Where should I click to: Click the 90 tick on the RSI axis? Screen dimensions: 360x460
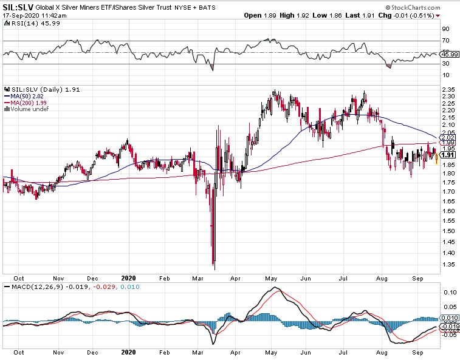coord(445,29)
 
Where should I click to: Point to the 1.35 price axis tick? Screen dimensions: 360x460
coord(448,265)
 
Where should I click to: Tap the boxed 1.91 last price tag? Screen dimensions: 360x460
coord(448,155)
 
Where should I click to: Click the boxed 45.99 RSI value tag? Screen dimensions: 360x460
coord(450,54)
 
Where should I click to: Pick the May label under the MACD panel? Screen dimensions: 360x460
coord(271,352)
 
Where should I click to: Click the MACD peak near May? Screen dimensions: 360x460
coord(275,287)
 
